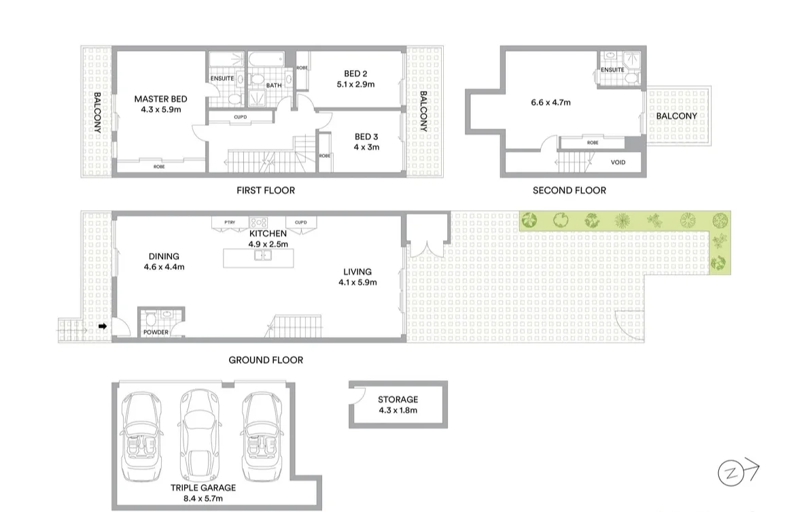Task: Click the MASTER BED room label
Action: click(x=160, y=99)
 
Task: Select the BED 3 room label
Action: click(x=366, y=137)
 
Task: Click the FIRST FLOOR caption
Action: click(x=266, y=190)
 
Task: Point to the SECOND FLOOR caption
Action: click(x=569, y=190)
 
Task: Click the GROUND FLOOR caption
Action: click(x=266, y=360)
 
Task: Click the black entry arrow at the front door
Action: click(x=103, y=327)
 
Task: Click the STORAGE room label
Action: click(x=398, y=400)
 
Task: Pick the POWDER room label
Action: click(x=156, y=332)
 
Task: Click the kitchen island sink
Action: click(x=263, y=256)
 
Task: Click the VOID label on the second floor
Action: click(x=618, y=163)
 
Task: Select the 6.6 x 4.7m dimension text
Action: click(x=550, y=103)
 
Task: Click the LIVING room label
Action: click(x=357, y=272)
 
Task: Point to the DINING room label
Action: click(x=164, y=256)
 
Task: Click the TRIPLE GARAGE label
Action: click(x=204, y=488)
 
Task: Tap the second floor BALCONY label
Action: click(x=676, y=116)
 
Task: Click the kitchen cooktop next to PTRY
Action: click(x=259, y=222)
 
